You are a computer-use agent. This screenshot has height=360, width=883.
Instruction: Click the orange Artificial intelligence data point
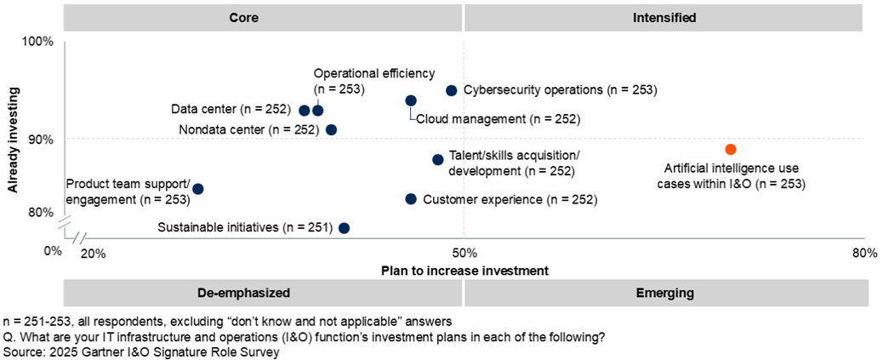pos(730,150)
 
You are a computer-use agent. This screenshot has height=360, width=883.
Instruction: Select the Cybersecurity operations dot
pos(452,90)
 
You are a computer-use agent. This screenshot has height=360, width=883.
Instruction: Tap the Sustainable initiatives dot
pos(345,228)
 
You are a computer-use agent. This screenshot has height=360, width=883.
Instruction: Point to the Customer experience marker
pos(411,199)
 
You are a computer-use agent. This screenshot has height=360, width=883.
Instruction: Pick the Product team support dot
pos(198,189)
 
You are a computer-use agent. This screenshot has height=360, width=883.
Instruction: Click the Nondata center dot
pos(332,130)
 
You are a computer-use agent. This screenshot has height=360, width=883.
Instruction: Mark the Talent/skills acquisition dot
pos(438,160)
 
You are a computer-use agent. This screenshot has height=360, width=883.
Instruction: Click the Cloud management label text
pos(498,120)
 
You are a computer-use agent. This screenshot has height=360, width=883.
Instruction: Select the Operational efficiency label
pos(374,80)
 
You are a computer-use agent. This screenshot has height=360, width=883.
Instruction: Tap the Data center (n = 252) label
pos(231,110)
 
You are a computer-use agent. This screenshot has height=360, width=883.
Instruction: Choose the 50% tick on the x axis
pos(464,253)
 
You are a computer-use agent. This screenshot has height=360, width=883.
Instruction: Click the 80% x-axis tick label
pos(863,253)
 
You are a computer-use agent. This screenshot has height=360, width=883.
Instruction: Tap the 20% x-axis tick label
pos(92,253)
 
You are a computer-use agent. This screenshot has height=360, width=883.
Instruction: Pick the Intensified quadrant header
pos(664,17)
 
